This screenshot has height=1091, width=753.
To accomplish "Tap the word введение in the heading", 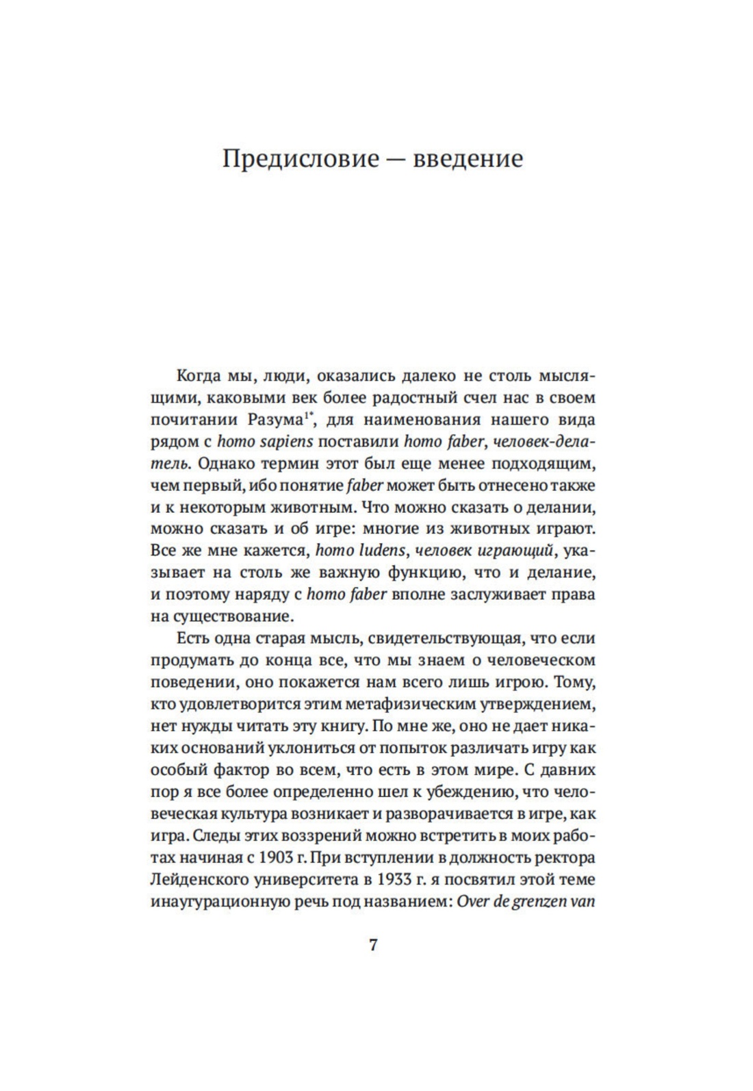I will pyautogui.click(x=471, y=159).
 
